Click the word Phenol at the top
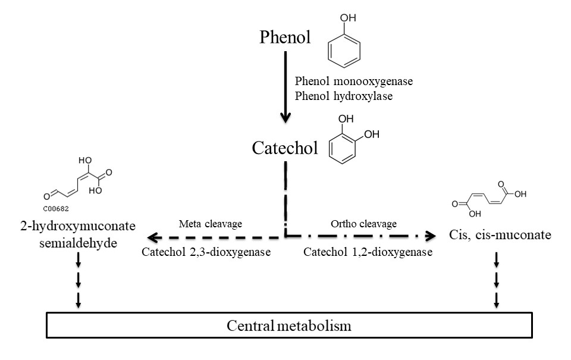tap(285, 37)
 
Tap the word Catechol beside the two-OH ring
tap(285, 148)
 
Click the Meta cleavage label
tap(202, 224)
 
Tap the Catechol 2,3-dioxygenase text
tap(206, 252)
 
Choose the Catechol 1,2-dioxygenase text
tap(368, 252)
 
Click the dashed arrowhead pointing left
tap(153, 237)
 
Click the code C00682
tap(59, 208)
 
